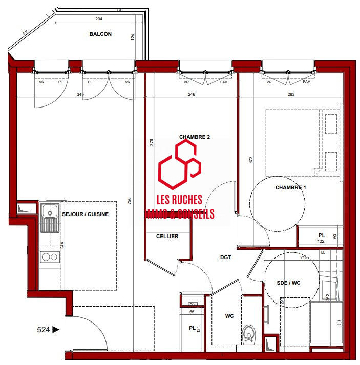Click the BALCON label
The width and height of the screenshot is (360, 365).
[x=100, y=34]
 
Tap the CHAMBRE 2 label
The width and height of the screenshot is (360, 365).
[x=195, y=137]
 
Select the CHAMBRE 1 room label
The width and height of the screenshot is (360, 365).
[x=290, y=188]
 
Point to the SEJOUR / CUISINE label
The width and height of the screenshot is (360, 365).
[x=86, y=214]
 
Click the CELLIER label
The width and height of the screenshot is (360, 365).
[x=167, y=236]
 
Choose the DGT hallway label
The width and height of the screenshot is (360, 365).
[x=226, y=257]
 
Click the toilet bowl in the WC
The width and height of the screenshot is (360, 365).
[x=249, y=333]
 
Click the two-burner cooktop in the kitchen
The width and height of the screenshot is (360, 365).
[x=49, y=257]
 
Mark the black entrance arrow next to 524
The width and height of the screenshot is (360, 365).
[x=56, y=330]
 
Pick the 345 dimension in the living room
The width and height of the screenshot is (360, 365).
[x=80, y=94]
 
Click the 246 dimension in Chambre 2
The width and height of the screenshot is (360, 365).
[x=192, y=94]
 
